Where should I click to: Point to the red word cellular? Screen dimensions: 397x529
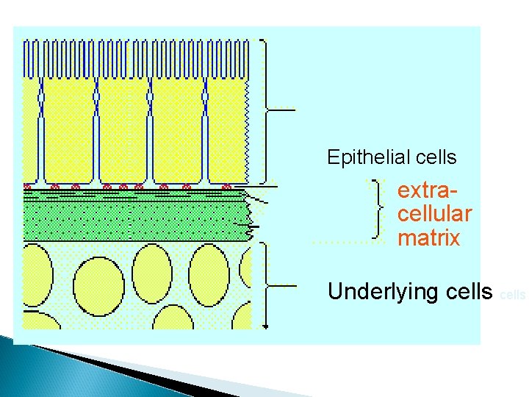[434, 215]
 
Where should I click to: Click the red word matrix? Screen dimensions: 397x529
[428, 238]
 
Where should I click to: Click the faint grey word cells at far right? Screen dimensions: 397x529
[512, 296]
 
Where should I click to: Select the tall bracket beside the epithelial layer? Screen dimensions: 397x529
[265, 110]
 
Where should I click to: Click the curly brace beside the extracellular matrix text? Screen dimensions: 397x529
[378, 210]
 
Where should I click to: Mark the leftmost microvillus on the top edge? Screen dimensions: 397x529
[26, 55]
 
